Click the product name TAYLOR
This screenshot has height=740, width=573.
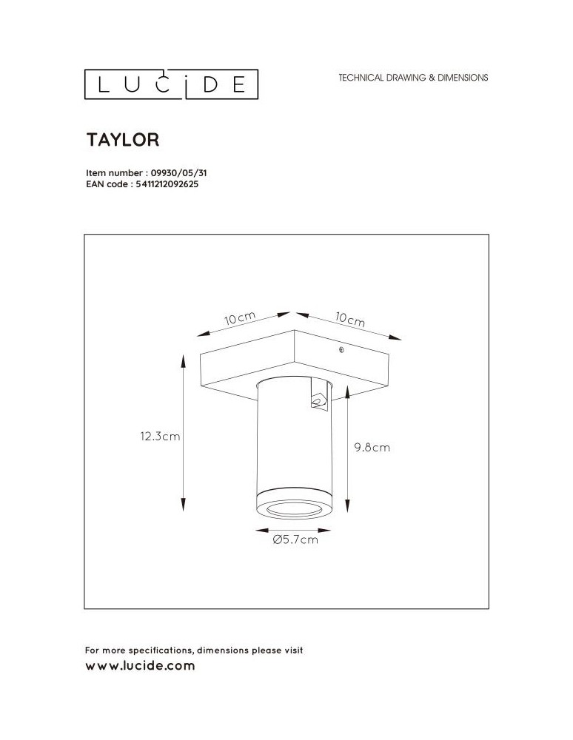coord(124,139)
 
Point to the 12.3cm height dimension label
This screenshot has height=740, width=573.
coord(160,437)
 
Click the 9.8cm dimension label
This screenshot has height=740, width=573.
coord(372,448)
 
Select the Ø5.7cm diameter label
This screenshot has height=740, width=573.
coord(295,540)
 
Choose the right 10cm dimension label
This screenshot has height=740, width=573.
coord(349,320)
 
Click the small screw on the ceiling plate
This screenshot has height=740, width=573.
coord(341,350)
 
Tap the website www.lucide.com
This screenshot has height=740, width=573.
coord(140,666)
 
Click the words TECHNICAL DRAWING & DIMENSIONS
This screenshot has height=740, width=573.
coord(413,78)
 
